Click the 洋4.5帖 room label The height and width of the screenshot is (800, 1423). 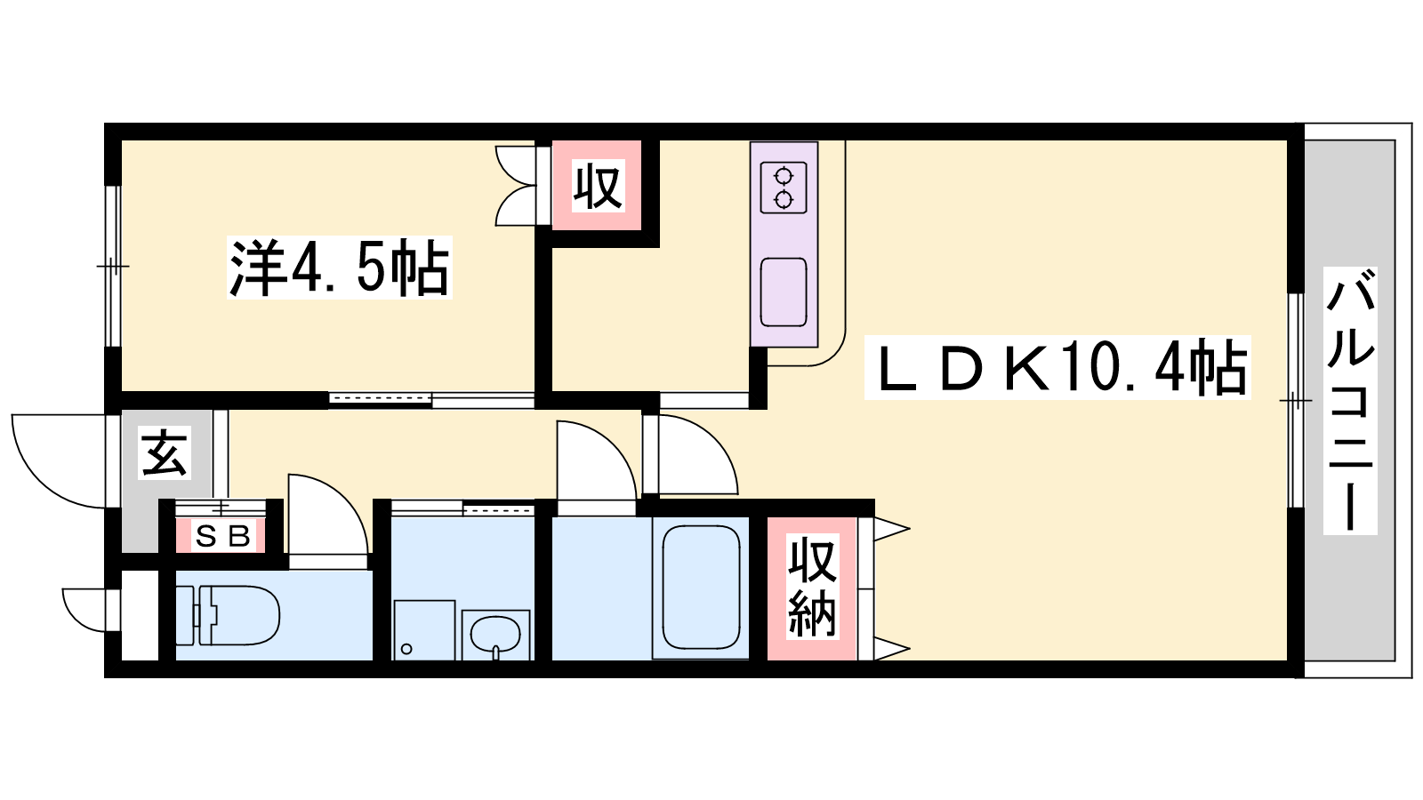point(339,268)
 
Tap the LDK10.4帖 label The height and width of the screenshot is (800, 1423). point(1057,368)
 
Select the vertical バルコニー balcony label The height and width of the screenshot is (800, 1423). point(1350,400)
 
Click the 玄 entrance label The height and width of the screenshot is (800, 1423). point(165,452)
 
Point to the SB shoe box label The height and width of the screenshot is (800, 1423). point(222,537)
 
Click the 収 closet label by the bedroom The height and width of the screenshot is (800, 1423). point(597,186)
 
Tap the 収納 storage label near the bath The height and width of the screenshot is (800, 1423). point(813,586)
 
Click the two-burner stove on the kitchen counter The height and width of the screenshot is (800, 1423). point(784,188)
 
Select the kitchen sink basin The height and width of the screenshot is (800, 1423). point(784,292)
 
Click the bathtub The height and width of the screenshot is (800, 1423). point(701,588)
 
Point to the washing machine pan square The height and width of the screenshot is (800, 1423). point(424,630)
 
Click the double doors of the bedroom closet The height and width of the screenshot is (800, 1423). point(516,186)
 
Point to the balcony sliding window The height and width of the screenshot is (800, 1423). point(1295,400)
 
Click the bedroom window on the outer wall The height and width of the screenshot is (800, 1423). point(112,266)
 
